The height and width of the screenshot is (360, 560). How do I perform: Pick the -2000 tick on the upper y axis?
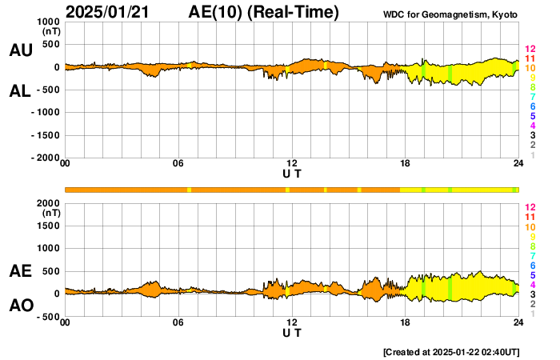tap(43, 158)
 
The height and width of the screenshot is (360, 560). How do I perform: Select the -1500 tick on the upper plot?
tap(43, 136)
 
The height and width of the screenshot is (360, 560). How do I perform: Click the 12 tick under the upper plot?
tap(292, 164)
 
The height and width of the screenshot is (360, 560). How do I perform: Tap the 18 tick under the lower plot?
tap(406, 322)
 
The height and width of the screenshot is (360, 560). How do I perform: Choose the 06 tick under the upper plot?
tap(178, 164)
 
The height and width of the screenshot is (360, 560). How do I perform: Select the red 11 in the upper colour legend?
tap(530, 58)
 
